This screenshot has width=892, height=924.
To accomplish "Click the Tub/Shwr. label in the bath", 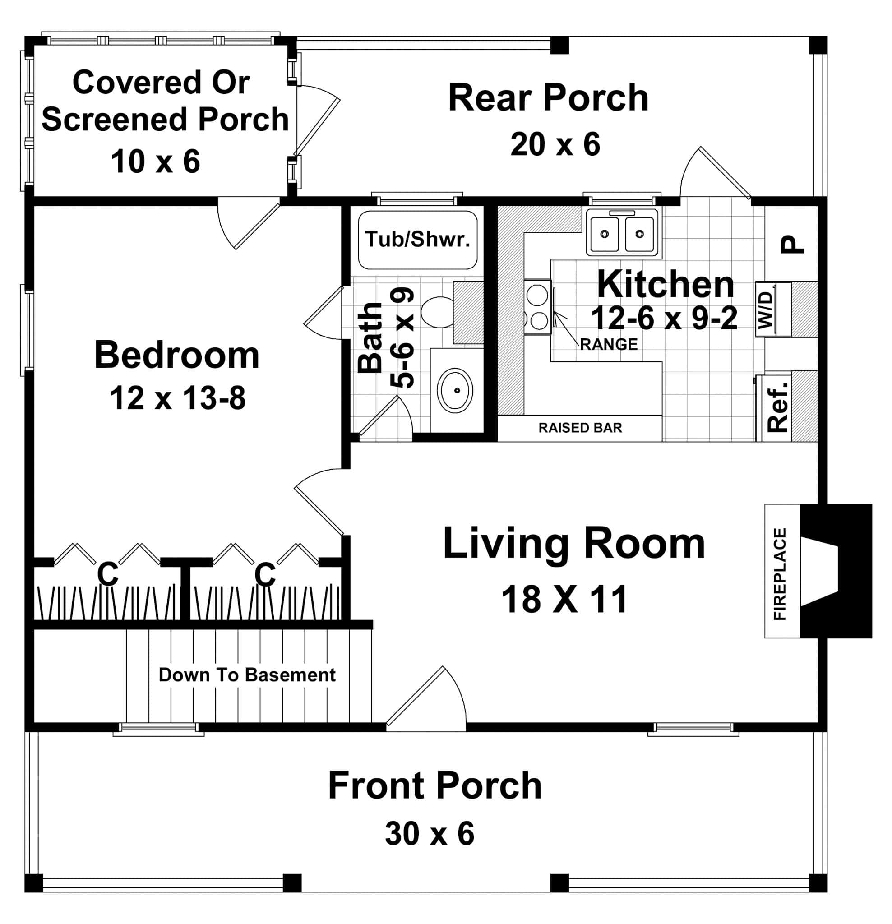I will pyautogui.click(x=417, y=240).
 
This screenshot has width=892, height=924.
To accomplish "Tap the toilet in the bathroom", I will pyautogui.click(x=437, y=312).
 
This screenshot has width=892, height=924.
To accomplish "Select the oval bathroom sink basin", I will pyautogui.click(x=455, y=390).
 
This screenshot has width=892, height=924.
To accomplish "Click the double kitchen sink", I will pyautogui.click(x=622, y=233).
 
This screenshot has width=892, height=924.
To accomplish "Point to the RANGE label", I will pyautogui.click(x=608, y=345).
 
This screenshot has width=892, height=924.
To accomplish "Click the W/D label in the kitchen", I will pyautogui.click(x=766, y=310).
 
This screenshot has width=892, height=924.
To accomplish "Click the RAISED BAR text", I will pyautogui.click(x=580, y=428).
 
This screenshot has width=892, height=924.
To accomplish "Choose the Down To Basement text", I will pyautogui.click(x=247, y=675).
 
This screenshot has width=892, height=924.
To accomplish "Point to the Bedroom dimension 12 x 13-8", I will pyautogui.click(x=178, y=398).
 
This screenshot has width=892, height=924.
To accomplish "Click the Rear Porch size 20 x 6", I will pyautogui.click(x=555, y=144).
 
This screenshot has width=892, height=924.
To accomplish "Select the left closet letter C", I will pyautogui.click(x=107, y=574).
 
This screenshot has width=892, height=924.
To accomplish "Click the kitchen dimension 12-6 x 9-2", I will pyautogui.click(x=664, y=318).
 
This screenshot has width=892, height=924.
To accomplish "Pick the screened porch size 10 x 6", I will pyautogui.click(x=156, y=162).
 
